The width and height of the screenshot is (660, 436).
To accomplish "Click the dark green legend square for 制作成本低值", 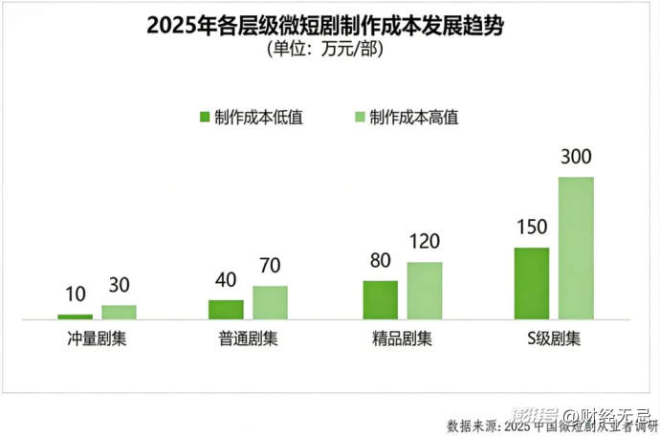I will click(x=204, y=117).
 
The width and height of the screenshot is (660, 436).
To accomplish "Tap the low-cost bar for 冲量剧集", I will click(x=75, y=316).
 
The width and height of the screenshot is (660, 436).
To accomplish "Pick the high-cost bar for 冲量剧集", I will click(x=120, y=312).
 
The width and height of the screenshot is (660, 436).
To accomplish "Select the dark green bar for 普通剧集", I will click(x=226, y=309).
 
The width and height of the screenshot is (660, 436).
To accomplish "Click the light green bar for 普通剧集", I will click(x=271, y=302).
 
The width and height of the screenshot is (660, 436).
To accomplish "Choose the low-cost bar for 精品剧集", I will click(x=381, y=299).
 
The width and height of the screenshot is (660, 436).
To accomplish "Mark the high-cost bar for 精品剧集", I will click(x=425, y=291).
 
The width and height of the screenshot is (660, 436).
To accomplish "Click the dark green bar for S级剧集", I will click(x=531, y=283).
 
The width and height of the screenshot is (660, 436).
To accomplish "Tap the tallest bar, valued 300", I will click(x=576, y=248).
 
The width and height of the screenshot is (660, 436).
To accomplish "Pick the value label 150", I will click(x=531, y=228).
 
